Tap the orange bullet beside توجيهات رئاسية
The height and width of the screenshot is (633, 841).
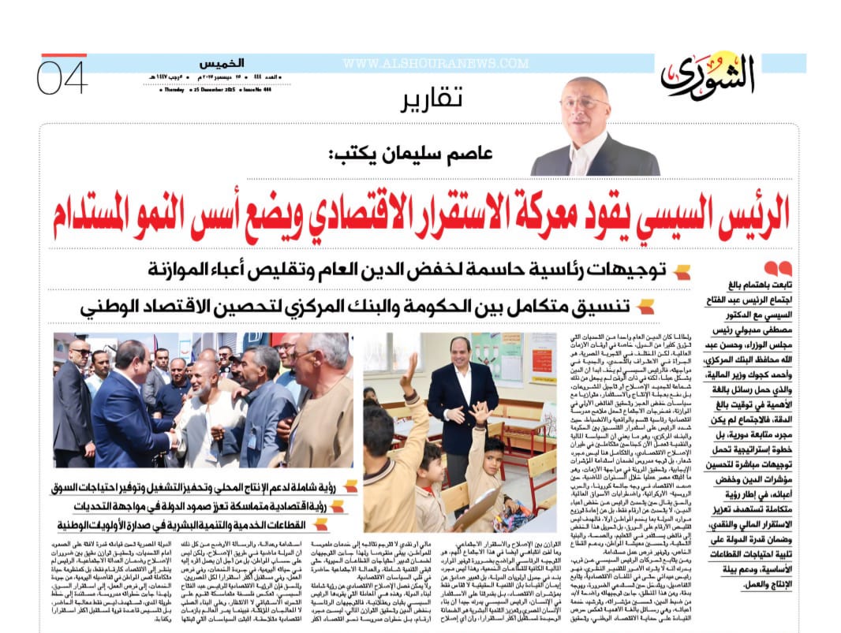[682, 274]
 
